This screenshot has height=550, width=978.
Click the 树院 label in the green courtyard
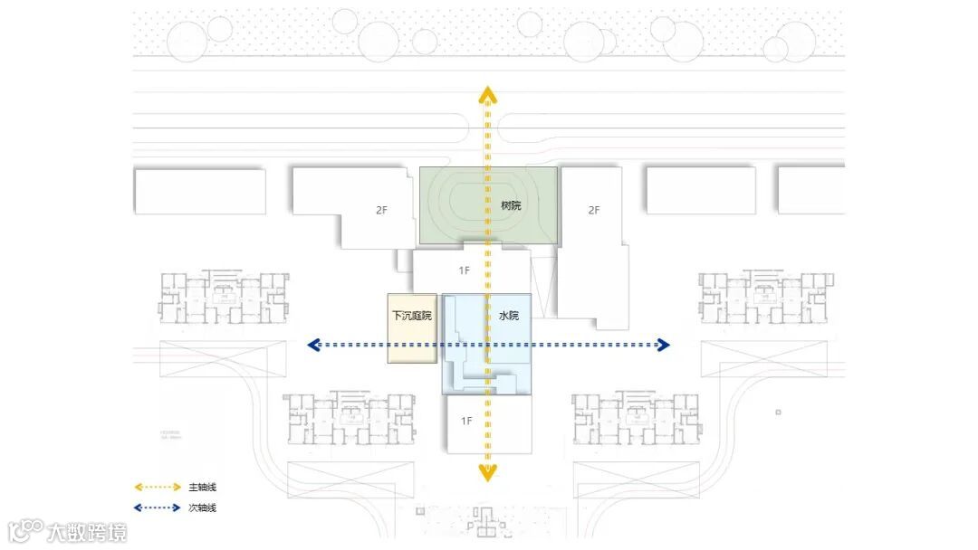(511, 205)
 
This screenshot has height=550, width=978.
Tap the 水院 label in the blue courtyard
(509, 316)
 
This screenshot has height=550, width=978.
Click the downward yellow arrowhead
(487, 472)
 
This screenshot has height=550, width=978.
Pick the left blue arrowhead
(313, 345)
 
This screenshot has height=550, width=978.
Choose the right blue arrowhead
(663, 345)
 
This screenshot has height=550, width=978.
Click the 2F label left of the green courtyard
(382, 210)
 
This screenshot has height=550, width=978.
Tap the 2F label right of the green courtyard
(594, 210)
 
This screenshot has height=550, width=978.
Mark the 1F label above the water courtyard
(465, 270)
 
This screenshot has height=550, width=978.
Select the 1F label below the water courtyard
(466, 421)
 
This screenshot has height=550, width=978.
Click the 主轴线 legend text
(202, 488)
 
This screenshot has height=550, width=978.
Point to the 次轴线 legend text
(202, 508)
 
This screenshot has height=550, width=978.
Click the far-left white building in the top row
(199, 192)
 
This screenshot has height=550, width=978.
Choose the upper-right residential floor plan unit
(763, 296)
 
